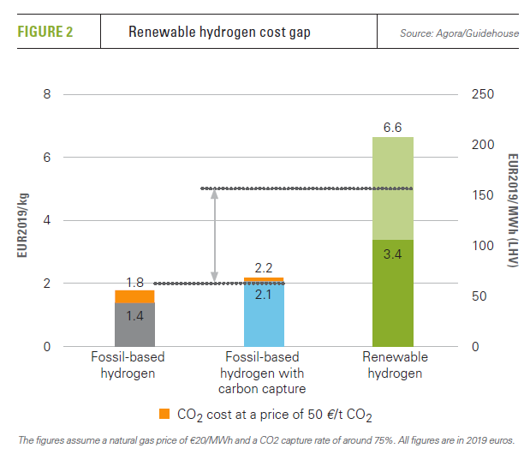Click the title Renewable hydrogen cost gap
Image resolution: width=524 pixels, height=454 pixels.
tap(218, 33)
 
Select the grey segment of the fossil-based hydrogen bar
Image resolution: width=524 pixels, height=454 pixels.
tap(134, 324)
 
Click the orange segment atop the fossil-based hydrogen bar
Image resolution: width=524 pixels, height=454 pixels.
tap(134, 296)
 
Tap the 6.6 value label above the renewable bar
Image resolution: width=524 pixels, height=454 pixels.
tap(393, 127)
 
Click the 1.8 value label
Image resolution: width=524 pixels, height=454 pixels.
tap(134, 282)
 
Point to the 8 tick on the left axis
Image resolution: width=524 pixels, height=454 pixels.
tap(47, 94)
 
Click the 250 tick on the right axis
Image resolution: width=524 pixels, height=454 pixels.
tap(483, 94)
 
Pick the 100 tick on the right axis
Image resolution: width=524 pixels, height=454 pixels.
tap(483, 246)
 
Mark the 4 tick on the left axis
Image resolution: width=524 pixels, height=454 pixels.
tap(47, 220)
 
